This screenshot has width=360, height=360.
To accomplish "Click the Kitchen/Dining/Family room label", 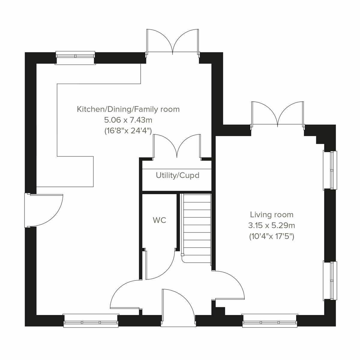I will tap(128, 109).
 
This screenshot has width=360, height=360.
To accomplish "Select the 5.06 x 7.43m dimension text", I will tap(128, 120).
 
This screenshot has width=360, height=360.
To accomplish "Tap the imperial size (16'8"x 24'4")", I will tap(128, 131).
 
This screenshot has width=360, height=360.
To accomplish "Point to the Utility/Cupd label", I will tap(177, 175).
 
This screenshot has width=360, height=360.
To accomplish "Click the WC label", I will tap(159, 220).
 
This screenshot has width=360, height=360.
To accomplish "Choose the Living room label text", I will tap(271, 214).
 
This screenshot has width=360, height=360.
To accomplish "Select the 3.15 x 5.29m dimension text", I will tap(271, 225).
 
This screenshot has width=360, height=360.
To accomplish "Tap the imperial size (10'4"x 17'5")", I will tap(271, 236).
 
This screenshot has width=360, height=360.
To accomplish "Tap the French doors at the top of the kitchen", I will tap(173, 42).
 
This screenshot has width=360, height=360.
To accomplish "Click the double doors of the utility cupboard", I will tap(177, 147).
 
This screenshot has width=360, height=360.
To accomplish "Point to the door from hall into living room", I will tap(229, 285).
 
